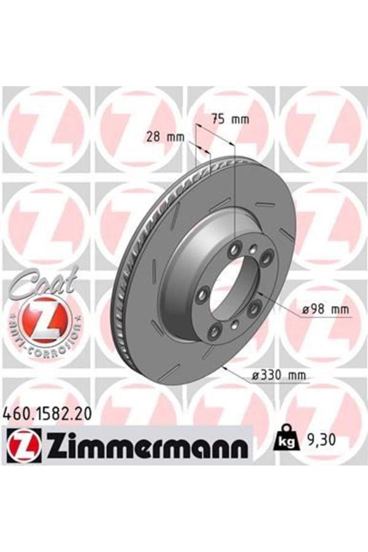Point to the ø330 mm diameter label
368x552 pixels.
point(279,374)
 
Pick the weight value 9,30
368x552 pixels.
point(320,440)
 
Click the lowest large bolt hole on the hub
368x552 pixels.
point(214,332)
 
